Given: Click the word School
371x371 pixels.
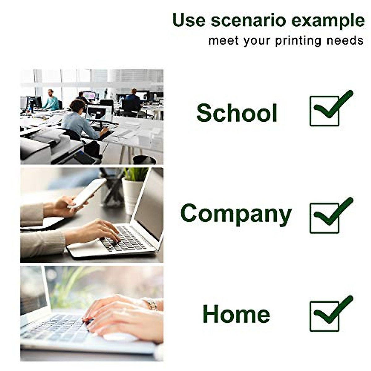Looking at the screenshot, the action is [237, 113].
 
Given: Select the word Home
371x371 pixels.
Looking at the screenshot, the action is [236, 313].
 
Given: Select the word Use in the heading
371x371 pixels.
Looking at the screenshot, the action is [189, 20].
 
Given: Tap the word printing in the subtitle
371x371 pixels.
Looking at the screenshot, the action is [298, 41].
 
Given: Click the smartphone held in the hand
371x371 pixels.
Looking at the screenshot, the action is [87, 193].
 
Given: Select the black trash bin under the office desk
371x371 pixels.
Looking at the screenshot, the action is [144, 160].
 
